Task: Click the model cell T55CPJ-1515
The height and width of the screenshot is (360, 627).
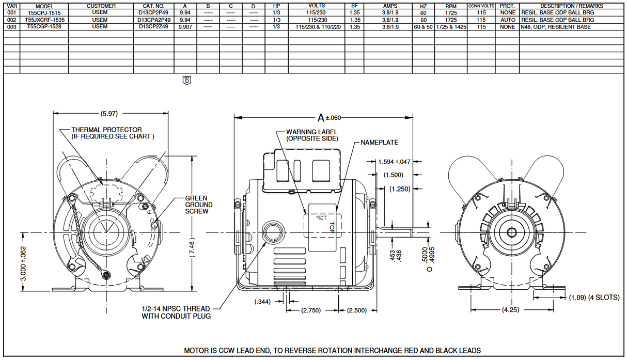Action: point(44,12)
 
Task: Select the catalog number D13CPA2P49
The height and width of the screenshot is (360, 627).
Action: point(153,20)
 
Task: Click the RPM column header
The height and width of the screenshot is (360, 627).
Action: point(450,6)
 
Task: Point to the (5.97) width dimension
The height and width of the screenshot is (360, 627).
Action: point(109,113)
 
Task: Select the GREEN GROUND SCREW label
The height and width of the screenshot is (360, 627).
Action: point(199,205)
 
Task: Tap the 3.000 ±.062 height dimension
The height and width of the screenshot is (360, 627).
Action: point(23,263)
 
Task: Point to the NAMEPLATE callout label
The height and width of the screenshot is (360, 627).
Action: point(379,142)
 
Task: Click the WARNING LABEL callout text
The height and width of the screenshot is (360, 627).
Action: point(312,135)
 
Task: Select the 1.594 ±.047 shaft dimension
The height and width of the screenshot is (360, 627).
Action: point(395,162)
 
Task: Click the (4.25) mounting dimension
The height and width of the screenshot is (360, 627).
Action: point(508,310)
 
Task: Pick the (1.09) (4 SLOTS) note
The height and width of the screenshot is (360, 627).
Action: point(594,298)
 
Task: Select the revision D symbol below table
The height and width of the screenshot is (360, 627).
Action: point(187,80)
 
